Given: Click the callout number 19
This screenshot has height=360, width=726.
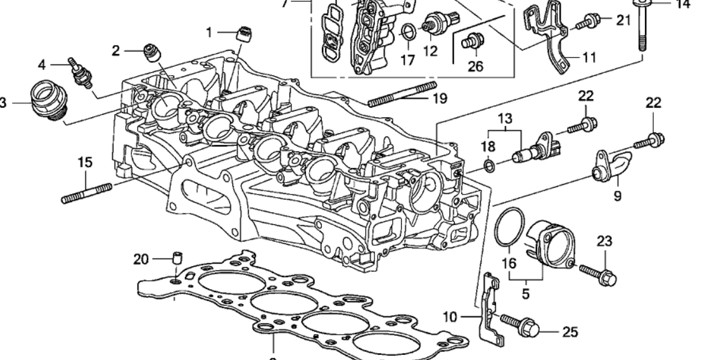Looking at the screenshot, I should pyautogui.click(x=439, y=98).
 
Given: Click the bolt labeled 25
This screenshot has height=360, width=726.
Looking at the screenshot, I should pyautogui.click(x=519, y=324).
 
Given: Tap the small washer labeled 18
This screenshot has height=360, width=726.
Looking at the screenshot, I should pyautogui.click(x=489, y=166).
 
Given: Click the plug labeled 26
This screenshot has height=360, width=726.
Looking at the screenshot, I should pyautogui.click(x=469, y=42).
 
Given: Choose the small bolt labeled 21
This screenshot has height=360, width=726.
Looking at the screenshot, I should pyautogui.click(x=587, y=23).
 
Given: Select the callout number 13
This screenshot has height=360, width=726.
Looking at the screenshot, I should pyautogui.click(x=505, y=119).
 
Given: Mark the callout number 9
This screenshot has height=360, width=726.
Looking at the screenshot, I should pyautogui.click(x=617, y=196).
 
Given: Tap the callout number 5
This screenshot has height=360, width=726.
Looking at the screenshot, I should pyautogui.click(x=526, y=294).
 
